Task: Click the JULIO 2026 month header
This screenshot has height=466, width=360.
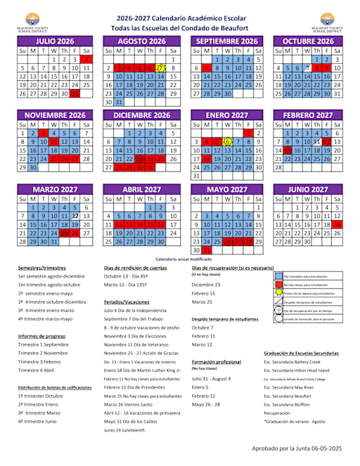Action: point(55,41)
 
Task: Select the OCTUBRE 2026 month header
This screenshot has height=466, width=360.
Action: point(307,41)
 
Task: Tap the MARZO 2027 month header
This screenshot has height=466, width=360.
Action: point(55,189)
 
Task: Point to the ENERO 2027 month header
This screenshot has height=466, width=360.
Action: point(225,115)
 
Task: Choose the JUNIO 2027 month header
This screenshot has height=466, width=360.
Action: point(307,189)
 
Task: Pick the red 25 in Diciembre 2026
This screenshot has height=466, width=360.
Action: point(162,159)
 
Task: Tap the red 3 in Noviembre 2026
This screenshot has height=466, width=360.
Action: point(44,134)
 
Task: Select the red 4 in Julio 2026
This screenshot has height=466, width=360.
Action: point(86,60)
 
